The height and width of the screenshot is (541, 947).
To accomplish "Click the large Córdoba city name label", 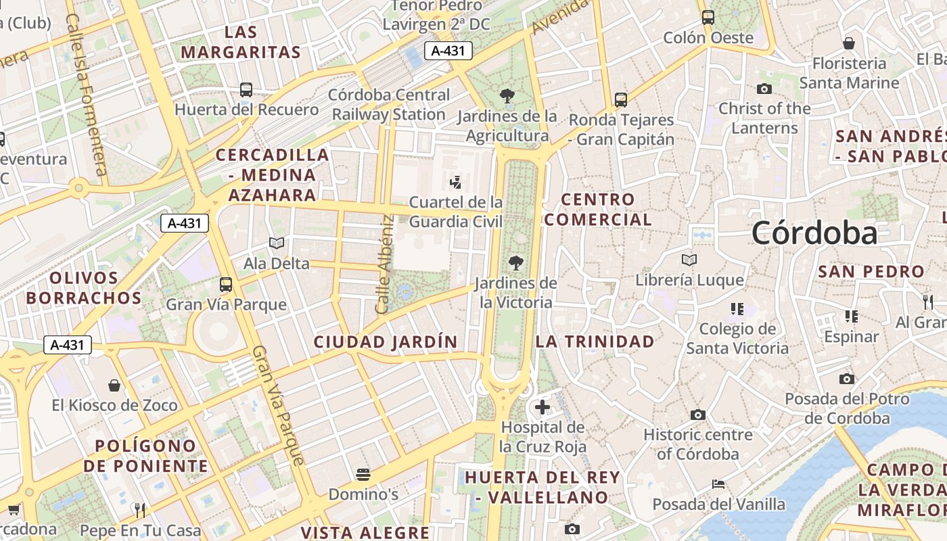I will coord(814,233).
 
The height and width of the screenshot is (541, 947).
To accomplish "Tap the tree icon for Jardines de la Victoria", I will coord(516,262).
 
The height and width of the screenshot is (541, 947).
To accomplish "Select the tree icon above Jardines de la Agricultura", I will coord(507,95).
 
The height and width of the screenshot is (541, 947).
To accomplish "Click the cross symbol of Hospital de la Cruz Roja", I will coord(542,407).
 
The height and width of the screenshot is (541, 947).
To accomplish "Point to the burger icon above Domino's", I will coord(363,474).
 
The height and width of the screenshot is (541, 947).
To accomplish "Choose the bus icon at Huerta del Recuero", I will coord(246,89).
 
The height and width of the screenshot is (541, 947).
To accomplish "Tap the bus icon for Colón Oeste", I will coord(708,17).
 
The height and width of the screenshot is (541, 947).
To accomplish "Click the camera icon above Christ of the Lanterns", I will coord(764,89).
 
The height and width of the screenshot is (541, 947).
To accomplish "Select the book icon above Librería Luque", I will coord(689,260).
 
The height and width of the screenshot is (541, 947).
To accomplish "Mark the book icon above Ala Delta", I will coord(276,243).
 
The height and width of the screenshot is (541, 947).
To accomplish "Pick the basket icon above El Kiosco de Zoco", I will coord(114,385).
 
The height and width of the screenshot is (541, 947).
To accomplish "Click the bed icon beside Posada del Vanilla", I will coord(718,484).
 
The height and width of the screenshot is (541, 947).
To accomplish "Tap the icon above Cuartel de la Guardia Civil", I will coord(456,181).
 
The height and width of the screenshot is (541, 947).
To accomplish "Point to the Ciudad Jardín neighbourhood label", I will coord(386,342).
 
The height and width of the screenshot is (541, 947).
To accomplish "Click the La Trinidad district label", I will coord(595,342).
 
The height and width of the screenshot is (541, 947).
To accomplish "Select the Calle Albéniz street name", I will coord(385,265).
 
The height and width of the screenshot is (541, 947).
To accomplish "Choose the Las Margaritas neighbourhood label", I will coord(241,42).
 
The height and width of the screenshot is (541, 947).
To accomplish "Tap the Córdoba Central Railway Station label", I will coord(389,105).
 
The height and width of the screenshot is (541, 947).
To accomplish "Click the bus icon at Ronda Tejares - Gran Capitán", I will coord(621,100).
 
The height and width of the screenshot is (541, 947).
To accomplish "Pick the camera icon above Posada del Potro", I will coord(847,379).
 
